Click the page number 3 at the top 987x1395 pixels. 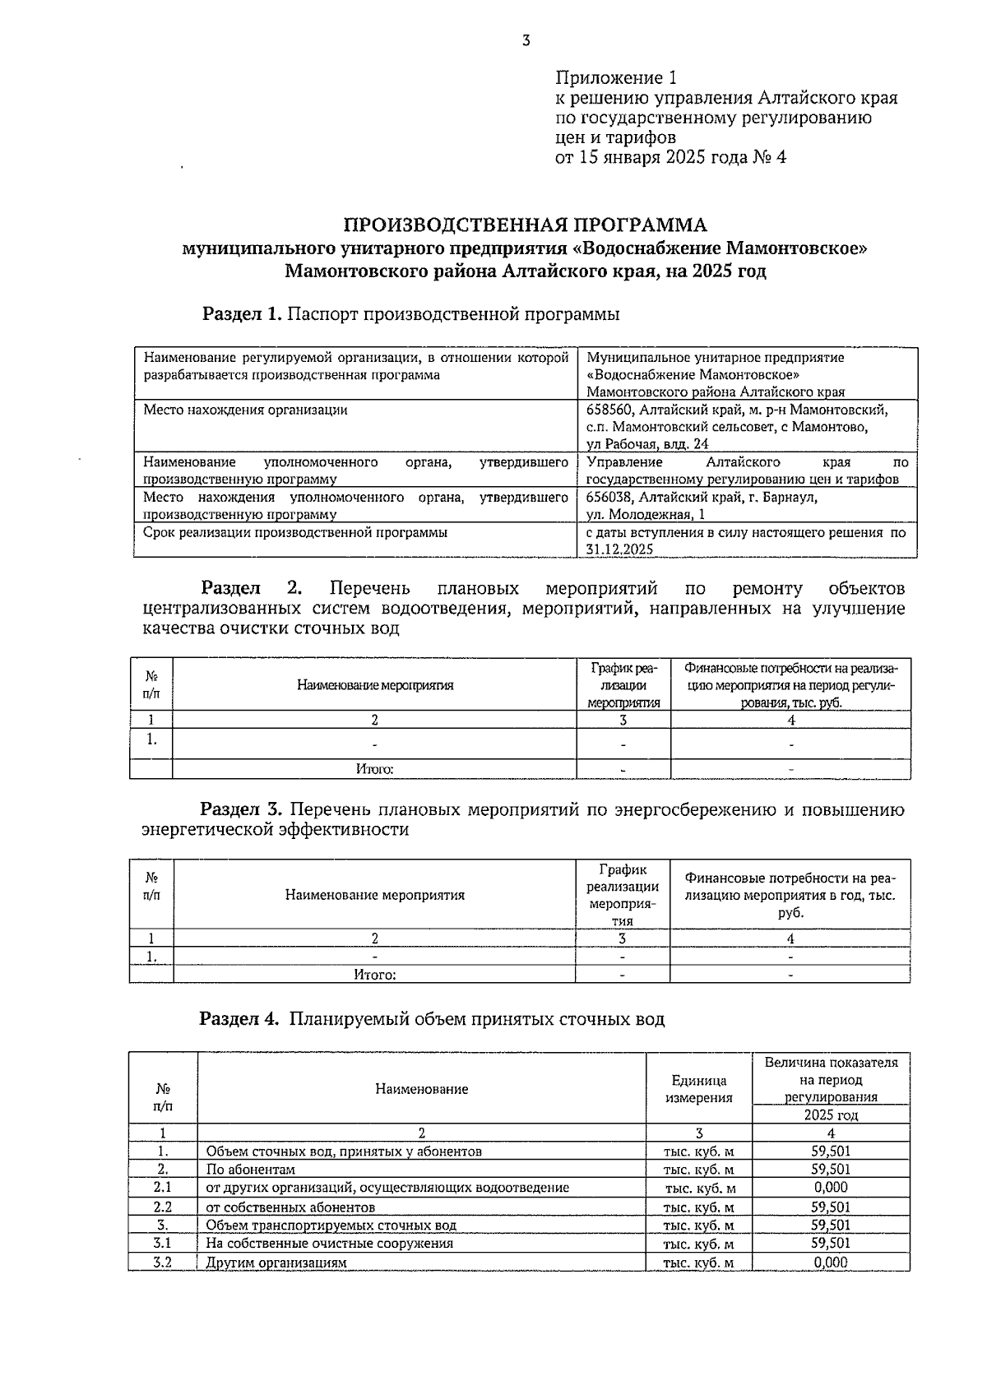(x=526, y=39)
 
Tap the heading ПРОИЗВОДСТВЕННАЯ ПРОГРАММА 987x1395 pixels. (x=525, y=225)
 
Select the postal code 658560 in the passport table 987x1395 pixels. (x=609, y=410)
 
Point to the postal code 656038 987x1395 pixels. (x=609, y=498)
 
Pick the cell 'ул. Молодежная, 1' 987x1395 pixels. (x=646, y=515)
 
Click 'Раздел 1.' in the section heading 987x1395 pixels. (x=243, y=314)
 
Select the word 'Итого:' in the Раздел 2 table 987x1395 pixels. (x=374, y=770)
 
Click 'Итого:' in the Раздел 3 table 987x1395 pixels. (x=375, y=976)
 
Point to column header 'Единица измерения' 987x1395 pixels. (x=698, y=1089)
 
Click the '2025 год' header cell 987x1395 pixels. (x=831, y=1115)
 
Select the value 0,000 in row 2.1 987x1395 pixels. (x=831, y=1188)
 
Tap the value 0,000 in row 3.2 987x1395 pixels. (x=831, y=1263)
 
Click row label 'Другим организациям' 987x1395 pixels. (x=276, y=1263)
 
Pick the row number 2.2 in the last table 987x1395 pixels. (x=163, y=1207)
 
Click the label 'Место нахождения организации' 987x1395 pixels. (x=245, y=410)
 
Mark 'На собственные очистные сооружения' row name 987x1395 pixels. (x=329, y=1244)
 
